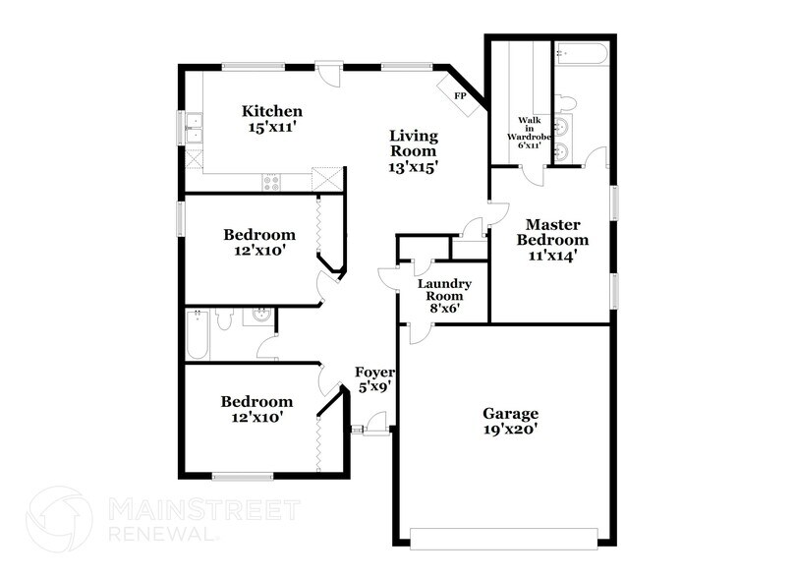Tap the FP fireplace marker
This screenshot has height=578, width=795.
click(x=459, y=95)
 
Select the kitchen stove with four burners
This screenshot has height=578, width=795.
click(x=272, y=181)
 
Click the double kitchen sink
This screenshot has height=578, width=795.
click(x=194, y=129)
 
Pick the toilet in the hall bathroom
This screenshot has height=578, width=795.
click(x=224, y=318)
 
